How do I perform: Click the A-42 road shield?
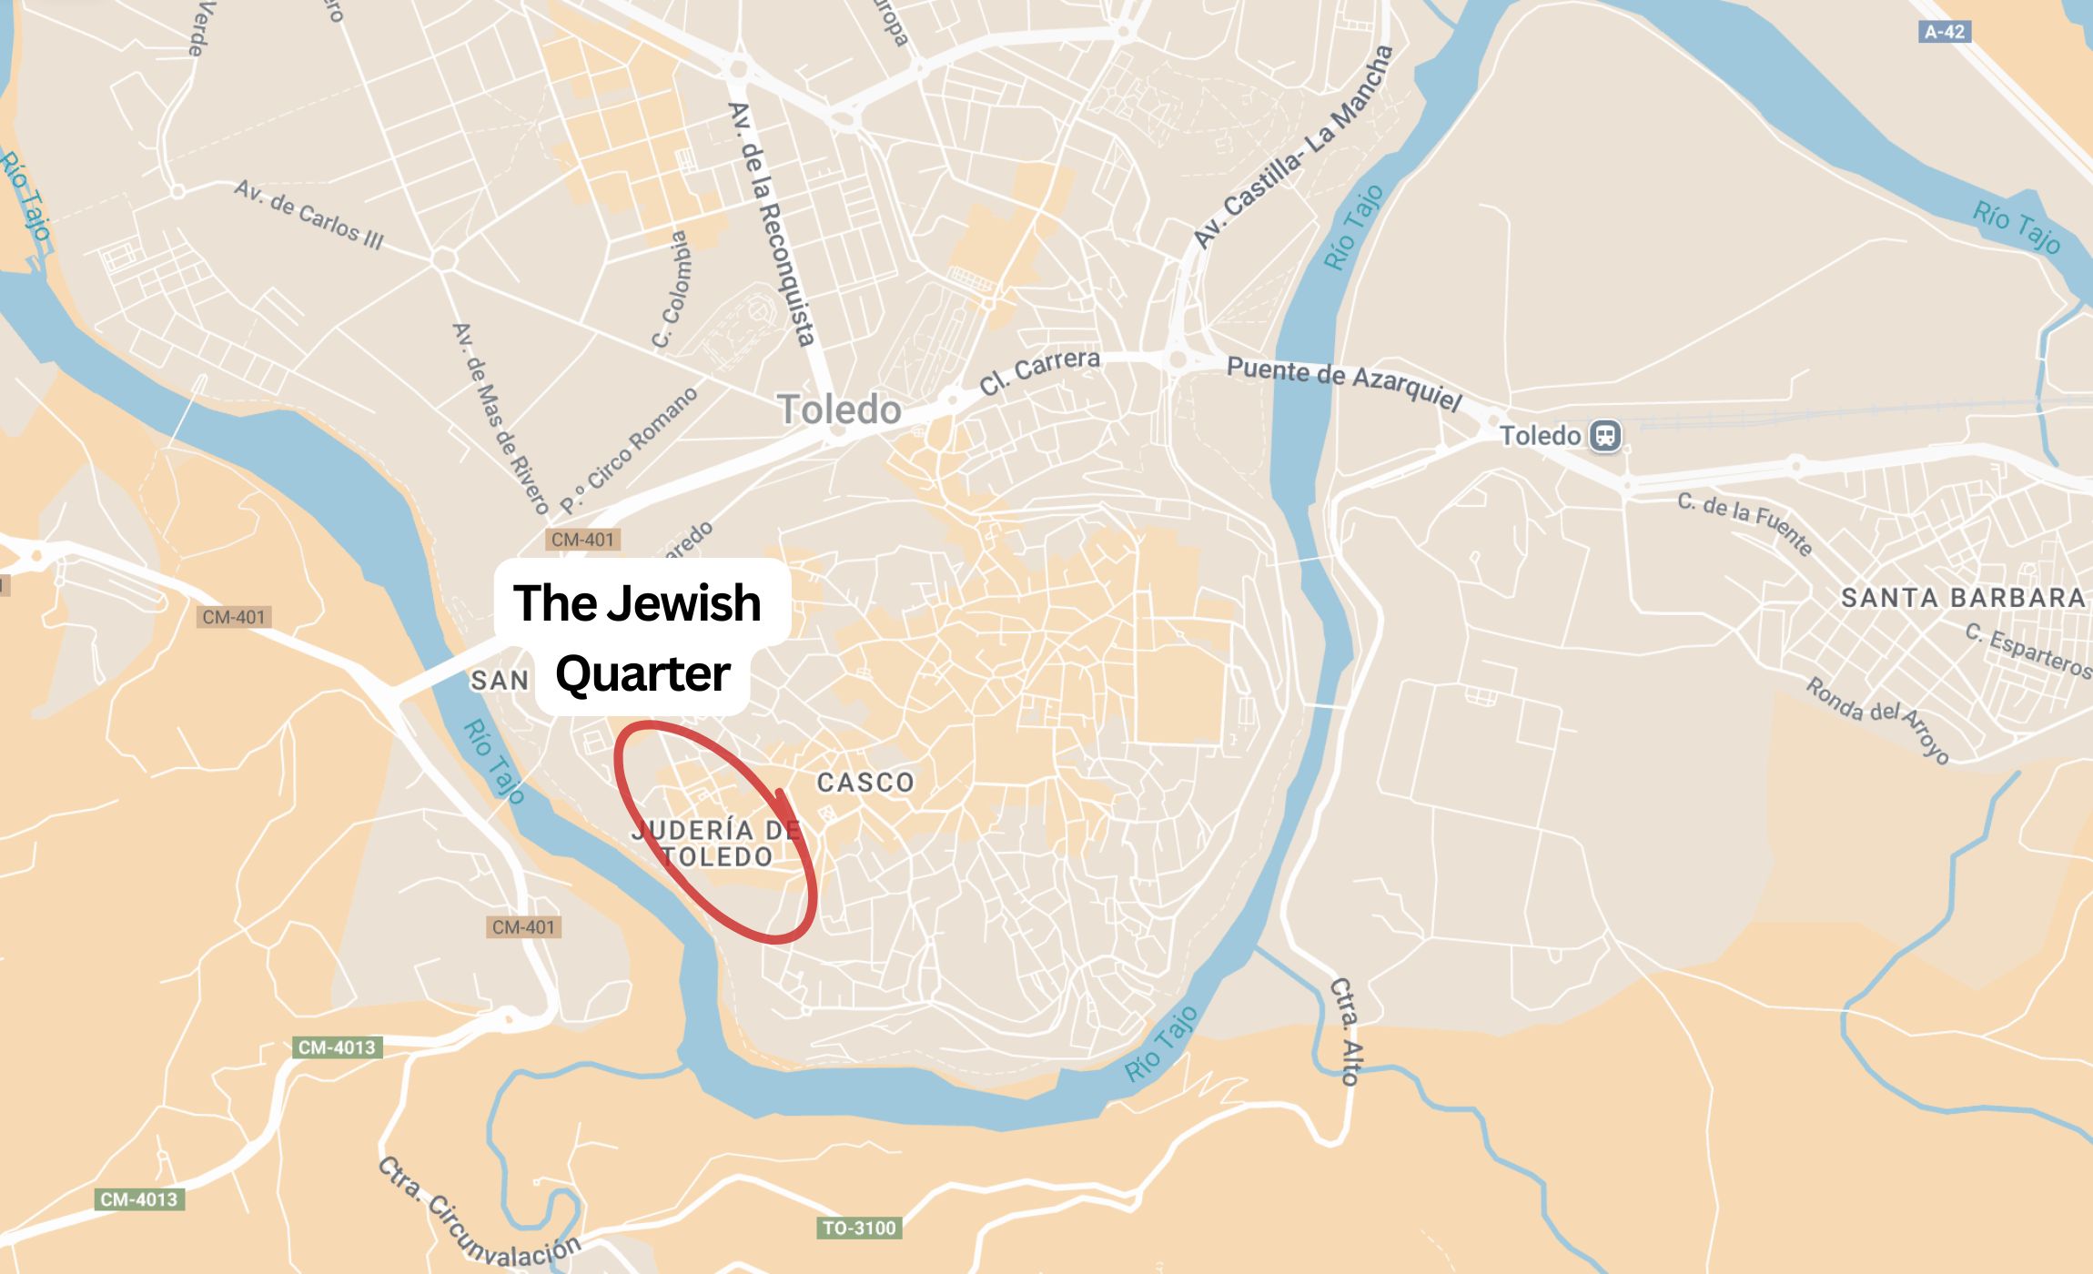point(1945,32)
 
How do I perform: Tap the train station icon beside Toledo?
point(1605,435)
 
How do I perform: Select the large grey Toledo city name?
point(839,409)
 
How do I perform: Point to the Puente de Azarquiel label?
point(1344,382)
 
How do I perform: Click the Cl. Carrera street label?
point(1039,371)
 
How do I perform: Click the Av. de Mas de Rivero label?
point(500,418)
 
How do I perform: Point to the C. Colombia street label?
point(672,289)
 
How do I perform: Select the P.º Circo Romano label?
point(629,450)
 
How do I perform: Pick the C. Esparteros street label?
point(2028,651)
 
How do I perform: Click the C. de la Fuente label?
point(1745,523)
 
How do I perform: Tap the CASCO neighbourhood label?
point(865,783)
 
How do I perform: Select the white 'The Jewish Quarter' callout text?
point(640,637)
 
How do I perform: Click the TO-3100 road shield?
point(859,1228)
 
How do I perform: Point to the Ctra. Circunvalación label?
point(478,1215)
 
